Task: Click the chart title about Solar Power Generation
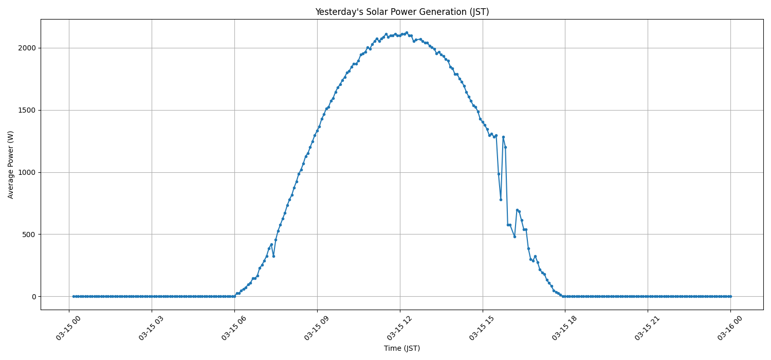[402, 12]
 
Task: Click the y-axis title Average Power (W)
[11, 165]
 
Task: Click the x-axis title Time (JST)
[402, 348]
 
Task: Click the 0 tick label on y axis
[34, 297]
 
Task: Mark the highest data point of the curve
[407, 32]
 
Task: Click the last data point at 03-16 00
[730, 296]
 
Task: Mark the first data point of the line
[74, 296]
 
